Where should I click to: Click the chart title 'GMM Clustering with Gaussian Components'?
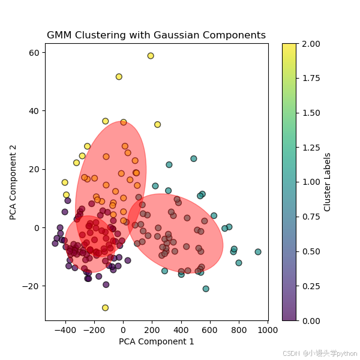click(x=156, y=35)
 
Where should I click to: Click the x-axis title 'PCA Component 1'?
click(x=156, y=342)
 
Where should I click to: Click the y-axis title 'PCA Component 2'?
click(x=13, y=182)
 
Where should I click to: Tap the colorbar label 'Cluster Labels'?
click(x=328, y=182)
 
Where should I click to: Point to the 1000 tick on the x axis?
click(x=268, y=330)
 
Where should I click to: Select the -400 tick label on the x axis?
click(x=65, y=330)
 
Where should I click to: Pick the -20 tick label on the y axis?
click(x=31, y=286)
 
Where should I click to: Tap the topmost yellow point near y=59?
click(x=151, y=56)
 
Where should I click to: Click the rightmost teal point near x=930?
click(x=258, y=252)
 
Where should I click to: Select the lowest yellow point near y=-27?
click(x=106, y=308)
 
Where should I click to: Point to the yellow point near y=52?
click(x=119, y=77)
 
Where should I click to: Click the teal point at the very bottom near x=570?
click(x=206, y=289)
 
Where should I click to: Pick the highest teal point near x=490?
click(x=194, y=159)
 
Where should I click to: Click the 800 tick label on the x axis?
click(x=239, y=330)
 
